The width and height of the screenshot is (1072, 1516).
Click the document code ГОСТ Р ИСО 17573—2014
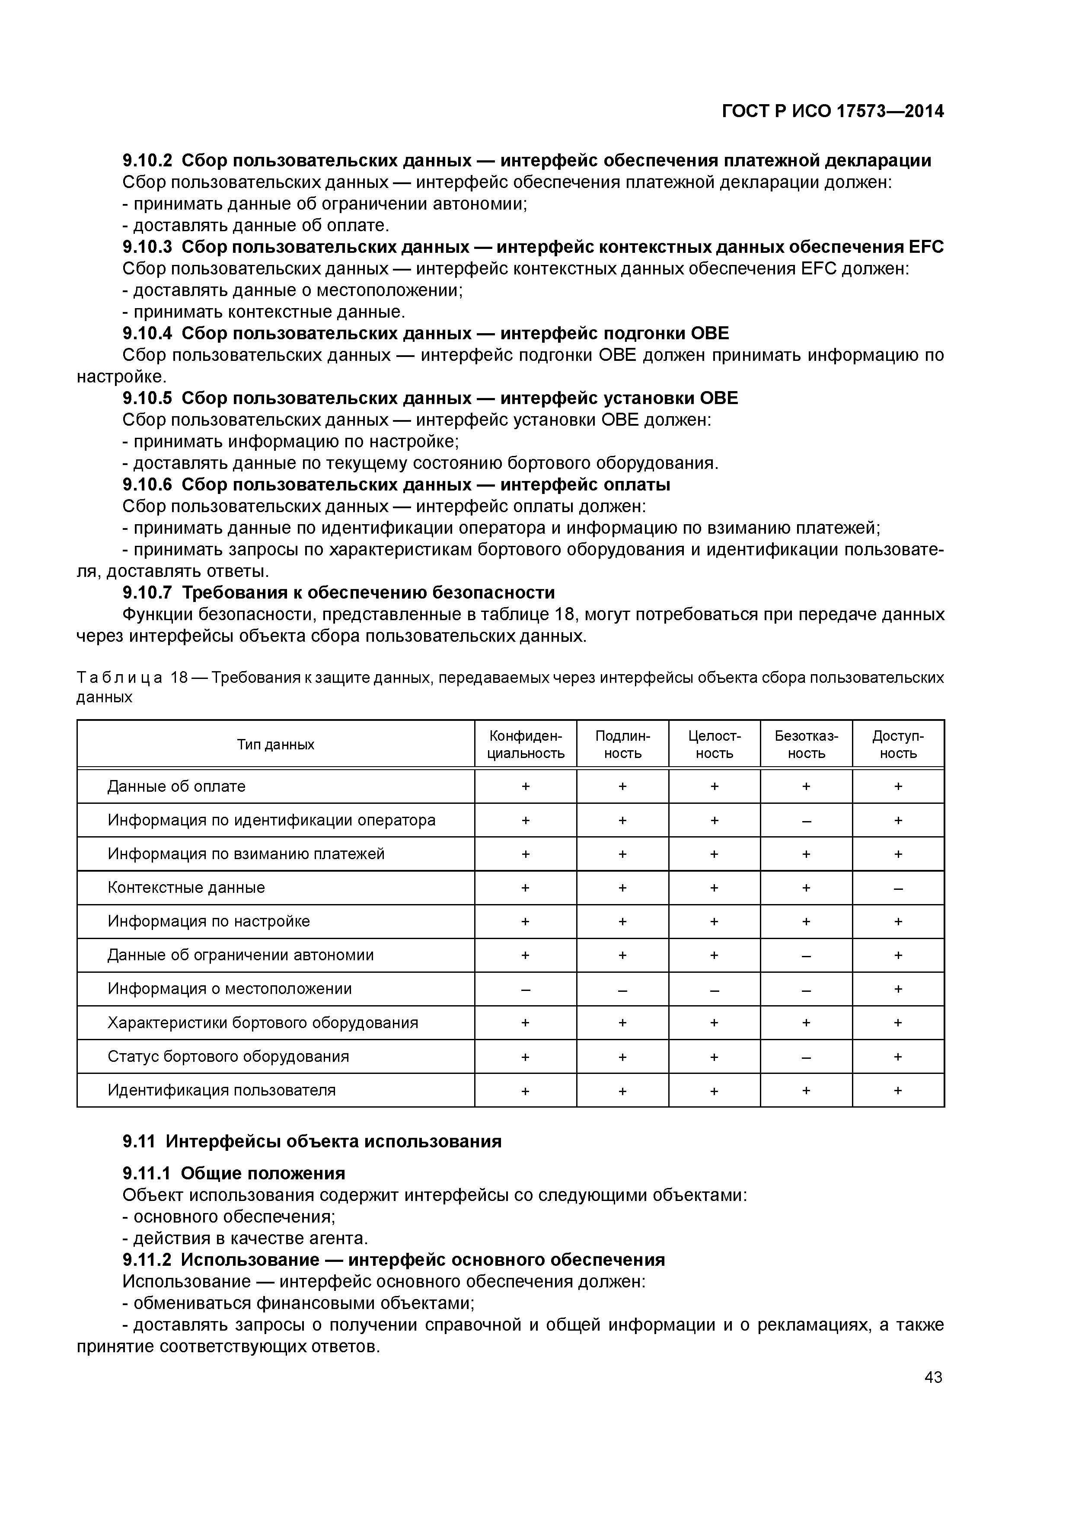click(832, 111)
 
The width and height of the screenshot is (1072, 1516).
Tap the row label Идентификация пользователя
click(221, 1090)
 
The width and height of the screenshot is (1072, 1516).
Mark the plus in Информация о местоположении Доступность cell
click(898, 989)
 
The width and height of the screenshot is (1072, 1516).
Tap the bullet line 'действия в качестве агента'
click(245, 1238)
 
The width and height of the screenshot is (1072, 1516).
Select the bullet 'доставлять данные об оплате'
click(256, 225)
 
